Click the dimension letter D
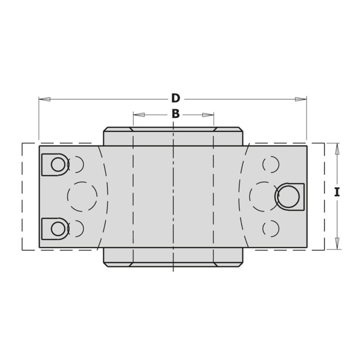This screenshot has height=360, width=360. (175, 99)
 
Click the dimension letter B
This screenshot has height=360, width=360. (175, 114)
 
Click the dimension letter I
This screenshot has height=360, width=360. (337, 192)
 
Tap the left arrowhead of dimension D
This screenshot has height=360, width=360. (45, 99)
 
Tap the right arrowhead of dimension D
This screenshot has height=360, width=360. (301, 99)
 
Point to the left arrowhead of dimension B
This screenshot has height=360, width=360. (139, 115)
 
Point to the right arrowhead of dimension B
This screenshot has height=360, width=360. (208, 115)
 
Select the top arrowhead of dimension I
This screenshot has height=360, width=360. (337, 149)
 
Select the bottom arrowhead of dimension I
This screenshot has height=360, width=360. (337, 244)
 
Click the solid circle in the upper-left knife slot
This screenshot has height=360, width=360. (58, 165)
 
